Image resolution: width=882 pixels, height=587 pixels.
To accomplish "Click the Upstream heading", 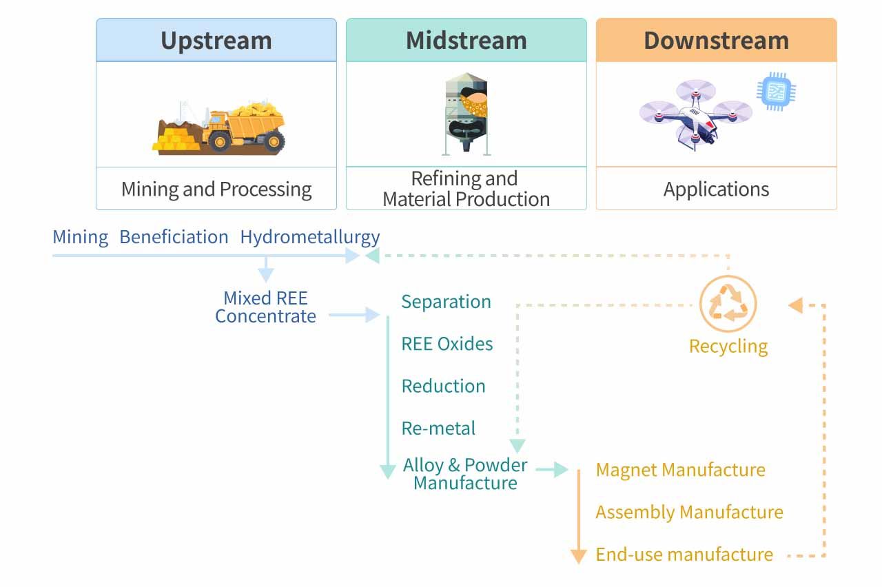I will (216, 41).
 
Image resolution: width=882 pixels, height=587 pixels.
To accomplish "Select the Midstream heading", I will (466, 41).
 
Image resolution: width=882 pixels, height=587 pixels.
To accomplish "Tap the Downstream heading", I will (716, 41).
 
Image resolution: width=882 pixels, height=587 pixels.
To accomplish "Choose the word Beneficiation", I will (174, 237).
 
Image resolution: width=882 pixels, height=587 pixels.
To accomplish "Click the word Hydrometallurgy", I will (309, 238).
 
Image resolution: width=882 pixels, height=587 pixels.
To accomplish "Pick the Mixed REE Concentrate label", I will (265, 307).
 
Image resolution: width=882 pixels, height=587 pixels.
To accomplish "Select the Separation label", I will (446, 302).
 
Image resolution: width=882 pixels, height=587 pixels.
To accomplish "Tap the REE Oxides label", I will (447, 344).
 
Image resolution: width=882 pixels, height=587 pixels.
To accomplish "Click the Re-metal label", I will (438, 428).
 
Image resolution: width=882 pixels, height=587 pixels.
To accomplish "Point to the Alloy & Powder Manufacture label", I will (465, 474).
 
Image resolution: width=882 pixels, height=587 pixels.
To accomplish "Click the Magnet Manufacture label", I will (680, 470).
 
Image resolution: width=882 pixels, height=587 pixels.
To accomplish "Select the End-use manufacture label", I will (684, 554).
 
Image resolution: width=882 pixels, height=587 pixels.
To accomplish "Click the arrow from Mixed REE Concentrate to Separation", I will (354, 316).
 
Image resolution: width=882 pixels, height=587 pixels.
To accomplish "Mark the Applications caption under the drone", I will (716, 189).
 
